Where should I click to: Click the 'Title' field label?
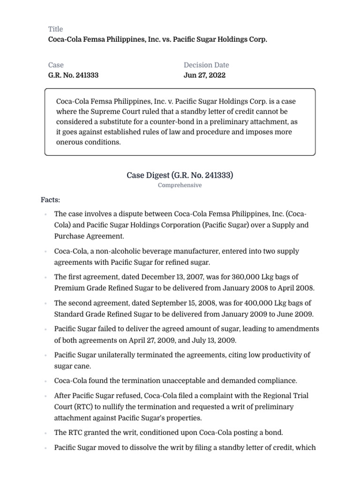pyautogui.click(x=55, y=29)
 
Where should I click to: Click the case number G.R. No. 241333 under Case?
pyautogui.click(x=73, y=75)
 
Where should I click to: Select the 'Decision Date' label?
pyautogui.click(x=206, y=65)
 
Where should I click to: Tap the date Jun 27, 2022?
pyautogui.click(x=204, y=75)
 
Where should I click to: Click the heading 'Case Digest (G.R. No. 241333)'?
pyautogui.click(x=180, y=175)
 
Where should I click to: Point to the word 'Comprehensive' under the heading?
pyautogui.click(x=180, y=185)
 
